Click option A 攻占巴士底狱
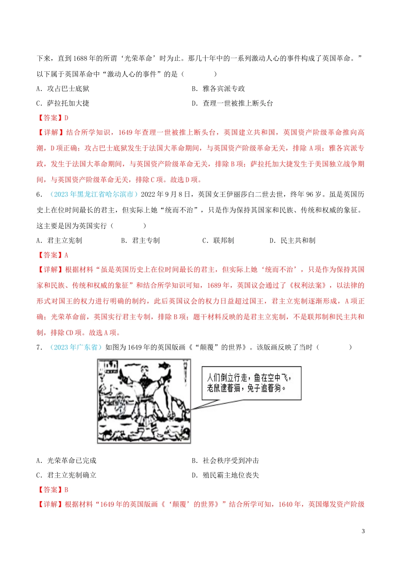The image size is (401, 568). pos(63,89)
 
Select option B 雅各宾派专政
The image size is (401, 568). pos(218,89)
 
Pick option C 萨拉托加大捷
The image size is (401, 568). pos(63,103)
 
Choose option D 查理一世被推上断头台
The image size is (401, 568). pos(233,103)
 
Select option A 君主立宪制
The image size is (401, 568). pos(60,240)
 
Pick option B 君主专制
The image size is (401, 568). pos(141,240)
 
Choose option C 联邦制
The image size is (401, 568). pos(218,240)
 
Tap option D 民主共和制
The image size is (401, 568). pos(293,240)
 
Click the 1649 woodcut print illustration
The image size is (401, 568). pos(144,401)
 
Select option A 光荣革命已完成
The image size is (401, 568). pos(67,461)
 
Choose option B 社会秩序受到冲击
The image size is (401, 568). pos(225,461)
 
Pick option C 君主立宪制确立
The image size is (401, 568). pos(67,475)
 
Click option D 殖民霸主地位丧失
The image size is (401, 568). pos(225,475)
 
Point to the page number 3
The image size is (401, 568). pos(363,531)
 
